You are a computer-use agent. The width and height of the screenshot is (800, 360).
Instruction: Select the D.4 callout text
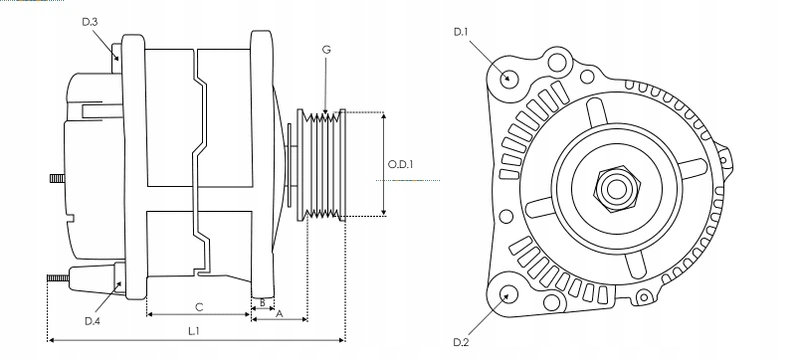pos(93,320)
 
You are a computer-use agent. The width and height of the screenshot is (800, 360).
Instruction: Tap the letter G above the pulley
pos(326,49)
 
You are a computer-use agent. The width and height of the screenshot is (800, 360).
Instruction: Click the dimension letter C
pos(198,306)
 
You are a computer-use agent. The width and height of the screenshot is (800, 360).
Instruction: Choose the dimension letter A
pos(279,313)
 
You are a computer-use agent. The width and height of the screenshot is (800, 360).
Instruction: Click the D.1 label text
pos(461,32)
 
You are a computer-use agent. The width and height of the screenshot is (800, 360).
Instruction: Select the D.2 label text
pos(461,342)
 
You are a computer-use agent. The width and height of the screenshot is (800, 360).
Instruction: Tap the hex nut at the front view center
pos(612,187)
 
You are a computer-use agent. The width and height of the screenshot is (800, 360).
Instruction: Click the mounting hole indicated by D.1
pos(509,78)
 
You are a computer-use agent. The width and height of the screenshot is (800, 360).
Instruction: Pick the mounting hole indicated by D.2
pos(509,293)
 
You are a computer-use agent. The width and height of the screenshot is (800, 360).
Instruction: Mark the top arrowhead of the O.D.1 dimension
pos(384,115)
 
